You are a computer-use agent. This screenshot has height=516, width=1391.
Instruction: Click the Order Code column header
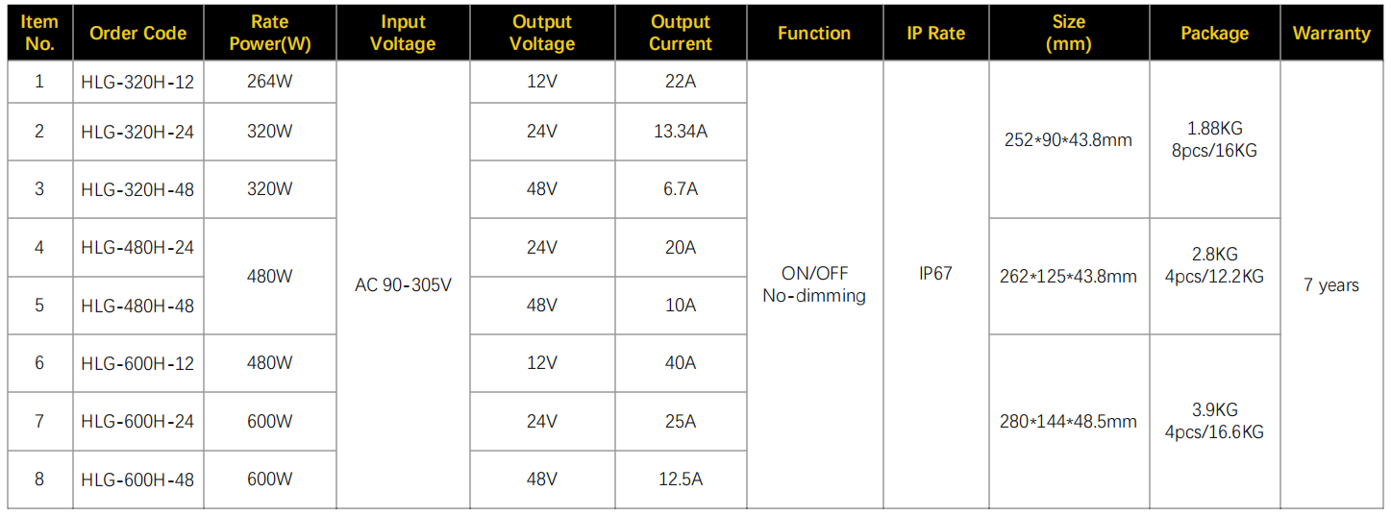pyautogui.click(x=137, y=33)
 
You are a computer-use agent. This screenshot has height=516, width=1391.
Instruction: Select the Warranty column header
pyautogui.click(x=1331, y=33)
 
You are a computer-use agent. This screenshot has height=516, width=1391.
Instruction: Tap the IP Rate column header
pyautogui.click(x=935, y=33)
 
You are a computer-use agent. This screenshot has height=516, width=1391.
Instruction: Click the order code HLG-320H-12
pyautogui.click(x=137, y=82)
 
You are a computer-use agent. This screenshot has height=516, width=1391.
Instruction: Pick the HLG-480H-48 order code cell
pyautogui.click(x=137, y=306)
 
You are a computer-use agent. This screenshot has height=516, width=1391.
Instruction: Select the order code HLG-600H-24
pyautogui.click(x=137, y=421)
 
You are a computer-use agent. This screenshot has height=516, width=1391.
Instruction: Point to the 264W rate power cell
pyautogui.click(x=269, y=82)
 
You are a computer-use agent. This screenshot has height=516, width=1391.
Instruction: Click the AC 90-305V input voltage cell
pyautogui.click(x=403, y=285)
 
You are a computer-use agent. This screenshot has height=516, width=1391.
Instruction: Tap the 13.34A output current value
pyautogui.click(x=681, y=131)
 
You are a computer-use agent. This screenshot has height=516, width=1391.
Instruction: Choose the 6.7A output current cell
pyautogui.click(x=681, y=188)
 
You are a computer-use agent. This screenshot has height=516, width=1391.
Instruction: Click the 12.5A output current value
pyautogui.click(x=681, y=479)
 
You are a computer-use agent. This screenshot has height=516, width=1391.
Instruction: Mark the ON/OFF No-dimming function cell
pyautogui.click(x=814, y=284)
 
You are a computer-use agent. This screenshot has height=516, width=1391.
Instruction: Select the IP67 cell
pyautogui.click(x=935, y=273)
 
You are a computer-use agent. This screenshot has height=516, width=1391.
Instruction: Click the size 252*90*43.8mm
pyautogui.click(x=1068, y=139)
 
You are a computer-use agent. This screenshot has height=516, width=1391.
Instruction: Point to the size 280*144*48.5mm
pyautogui.click(x=1068, y=422)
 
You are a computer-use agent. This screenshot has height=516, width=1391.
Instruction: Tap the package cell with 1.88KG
pyautogui.click(x=1215, y=139)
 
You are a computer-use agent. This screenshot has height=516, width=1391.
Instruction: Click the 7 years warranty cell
pyautogui.click(x=1331, y=285)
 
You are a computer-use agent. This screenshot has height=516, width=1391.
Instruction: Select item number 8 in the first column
pyautogui.click(x=39, y=479)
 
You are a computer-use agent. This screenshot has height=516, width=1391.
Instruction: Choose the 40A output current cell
pyautogui.click(x=681, y=362)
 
